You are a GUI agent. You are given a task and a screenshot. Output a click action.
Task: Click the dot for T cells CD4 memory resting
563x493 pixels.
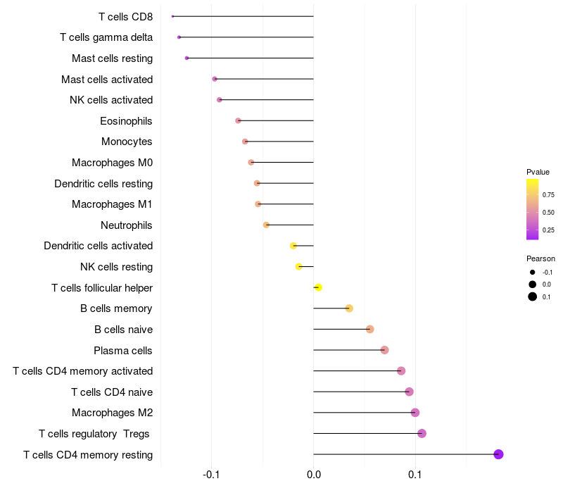click(x=498, y=454)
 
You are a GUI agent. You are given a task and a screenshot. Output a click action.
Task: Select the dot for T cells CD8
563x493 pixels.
click(x=173, y=16)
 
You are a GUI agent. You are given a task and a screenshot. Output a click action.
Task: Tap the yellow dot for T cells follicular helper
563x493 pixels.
click(x=318, y=287)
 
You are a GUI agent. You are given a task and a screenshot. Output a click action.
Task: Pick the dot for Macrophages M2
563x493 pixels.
click(x=415, y=413)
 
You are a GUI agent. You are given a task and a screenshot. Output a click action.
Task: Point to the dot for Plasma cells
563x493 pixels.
click(x=384, y=350)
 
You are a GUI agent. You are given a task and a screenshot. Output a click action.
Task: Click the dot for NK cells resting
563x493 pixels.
click(x=299, y=267)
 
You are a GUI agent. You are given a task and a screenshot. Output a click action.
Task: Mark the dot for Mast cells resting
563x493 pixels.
click(x=186, y=58)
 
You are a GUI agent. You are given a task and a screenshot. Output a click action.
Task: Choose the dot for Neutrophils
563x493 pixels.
click(x=266, y=225)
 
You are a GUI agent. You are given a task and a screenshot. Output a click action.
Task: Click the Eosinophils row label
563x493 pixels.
click(x=126, y=121)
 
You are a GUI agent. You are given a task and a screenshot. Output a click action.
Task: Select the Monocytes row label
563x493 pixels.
click(x=127, y=142)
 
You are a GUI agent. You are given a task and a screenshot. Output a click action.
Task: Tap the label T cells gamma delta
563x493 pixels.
click(x=106, y=37)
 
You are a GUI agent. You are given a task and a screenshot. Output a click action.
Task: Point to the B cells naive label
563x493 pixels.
click(x=123, y=330)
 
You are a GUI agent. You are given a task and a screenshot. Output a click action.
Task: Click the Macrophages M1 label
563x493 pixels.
click(x=112, y=204)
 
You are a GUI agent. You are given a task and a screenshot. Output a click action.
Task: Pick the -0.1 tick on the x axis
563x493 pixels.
click(x=212, y=475)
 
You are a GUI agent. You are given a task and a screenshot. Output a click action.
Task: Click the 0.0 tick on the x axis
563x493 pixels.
click(x=313, y=475)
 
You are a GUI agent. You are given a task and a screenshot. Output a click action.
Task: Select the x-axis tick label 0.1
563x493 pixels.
click(x=415, y=475)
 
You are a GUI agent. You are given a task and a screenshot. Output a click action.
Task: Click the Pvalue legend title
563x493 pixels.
click(x=538, y=172)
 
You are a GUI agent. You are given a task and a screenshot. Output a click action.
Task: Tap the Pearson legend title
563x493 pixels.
click(x=540, y=258)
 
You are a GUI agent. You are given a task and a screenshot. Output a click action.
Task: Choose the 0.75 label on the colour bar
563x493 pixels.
click(x=548, y=195)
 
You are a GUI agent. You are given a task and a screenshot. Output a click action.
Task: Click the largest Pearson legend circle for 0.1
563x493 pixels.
click(x=533, y=297)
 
